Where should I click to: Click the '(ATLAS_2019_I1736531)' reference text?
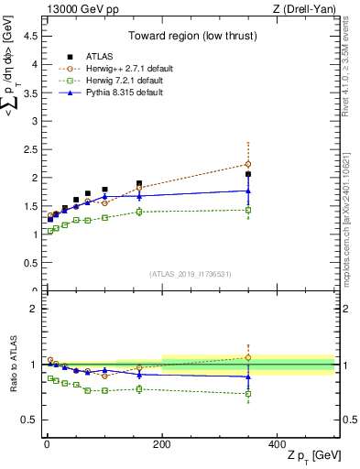tap(191, 274)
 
